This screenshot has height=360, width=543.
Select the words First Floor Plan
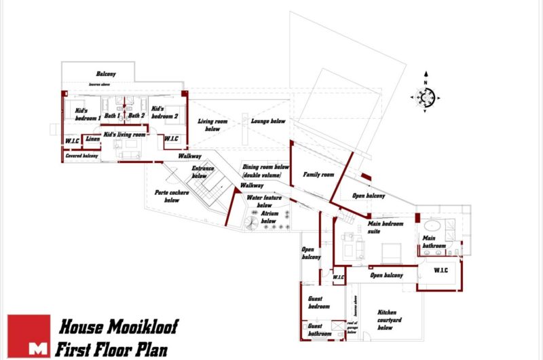(x=111, y=350)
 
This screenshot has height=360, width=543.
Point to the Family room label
(x=319, y=175)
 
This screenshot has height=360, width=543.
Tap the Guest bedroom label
(x=316, y=302)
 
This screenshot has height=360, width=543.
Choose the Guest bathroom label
(x=316, y=329)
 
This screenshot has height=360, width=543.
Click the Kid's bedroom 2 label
(x=164, y=112)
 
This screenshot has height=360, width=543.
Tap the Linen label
(x=93, y=139)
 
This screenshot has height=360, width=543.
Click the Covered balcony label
(x=82, y=156)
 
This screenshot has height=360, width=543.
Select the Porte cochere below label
(x=168, y=196)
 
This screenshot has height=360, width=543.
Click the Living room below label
(x=212, y=125)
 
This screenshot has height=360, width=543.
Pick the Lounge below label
(x=268, y=122)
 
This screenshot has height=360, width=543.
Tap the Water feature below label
(x=259, y=201)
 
